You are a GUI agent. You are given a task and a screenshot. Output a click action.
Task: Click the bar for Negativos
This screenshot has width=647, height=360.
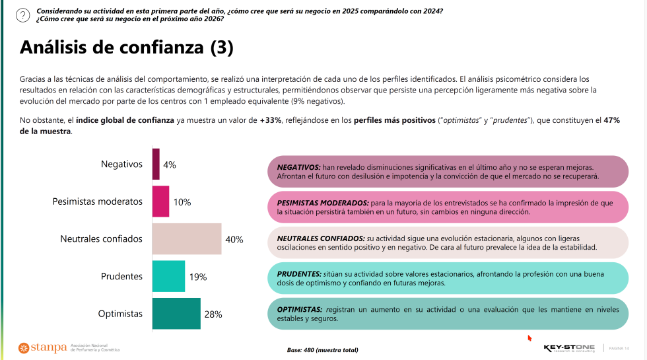[x=156, y=164]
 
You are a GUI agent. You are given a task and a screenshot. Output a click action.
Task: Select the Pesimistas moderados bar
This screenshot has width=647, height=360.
[x=160, y=201]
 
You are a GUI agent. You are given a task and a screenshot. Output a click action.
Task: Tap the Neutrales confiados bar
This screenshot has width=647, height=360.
[x=187, y=239]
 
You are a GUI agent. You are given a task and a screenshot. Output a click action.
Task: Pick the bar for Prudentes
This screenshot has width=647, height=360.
[x=168, y=276]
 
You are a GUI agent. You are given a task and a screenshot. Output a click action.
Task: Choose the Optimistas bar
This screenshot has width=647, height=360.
[x=176, y=314]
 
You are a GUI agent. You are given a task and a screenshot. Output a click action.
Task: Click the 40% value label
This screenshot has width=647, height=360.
[x=234, y=240]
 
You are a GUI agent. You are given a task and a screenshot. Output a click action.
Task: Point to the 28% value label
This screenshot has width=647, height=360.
[x=213, y=314]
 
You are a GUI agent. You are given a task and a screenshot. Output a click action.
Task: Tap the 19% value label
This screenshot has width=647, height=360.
[x=198, y=277]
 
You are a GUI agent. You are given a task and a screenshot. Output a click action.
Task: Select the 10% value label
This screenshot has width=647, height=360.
[x=182, y=202]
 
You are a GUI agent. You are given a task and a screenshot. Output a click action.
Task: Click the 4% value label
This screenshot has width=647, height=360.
[x=170, y=165]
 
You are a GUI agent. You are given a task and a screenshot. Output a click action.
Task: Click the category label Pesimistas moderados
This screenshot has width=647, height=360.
[x=97, y=201]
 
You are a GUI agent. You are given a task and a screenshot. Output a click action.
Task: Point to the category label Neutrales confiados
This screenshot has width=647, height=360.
[x=101, y=239]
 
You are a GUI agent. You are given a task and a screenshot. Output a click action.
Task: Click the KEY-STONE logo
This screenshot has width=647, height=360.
[x=569, y=347]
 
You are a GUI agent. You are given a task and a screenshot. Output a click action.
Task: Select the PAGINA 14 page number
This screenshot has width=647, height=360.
[x=619, y=348]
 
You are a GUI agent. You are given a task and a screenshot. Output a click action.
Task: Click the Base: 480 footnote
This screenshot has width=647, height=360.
[x=322, y=349]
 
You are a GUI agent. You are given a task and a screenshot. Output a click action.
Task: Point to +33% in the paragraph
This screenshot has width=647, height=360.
[x=271, y=121]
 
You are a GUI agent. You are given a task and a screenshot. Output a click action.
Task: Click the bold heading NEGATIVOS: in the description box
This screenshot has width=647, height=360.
[x=298, y=168]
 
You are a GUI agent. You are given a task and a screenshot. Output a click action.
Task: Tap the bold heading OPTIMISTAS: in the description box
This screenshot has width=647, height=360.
[x=300, y=309]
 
